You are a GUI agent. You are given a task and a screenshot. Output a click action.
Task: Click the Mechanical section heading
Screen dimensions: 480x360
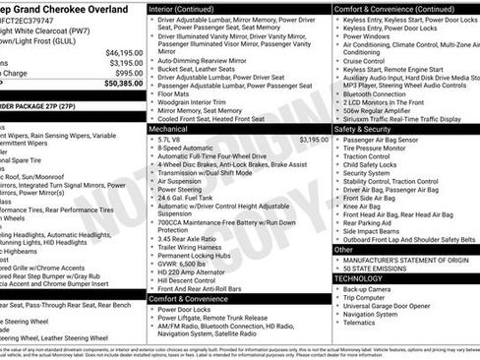tap(168, 129)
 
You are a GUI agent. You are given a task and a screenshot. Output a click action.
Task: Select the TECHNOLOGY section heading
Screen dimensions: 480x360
tap(358, 278)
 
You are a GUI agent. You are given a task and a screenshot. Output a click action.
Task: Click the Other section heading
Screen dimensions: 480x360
tap(343, 250)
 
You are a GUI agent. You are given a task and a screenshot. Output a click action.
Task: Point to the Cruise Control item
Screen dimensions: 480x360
tap(364, 61)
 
